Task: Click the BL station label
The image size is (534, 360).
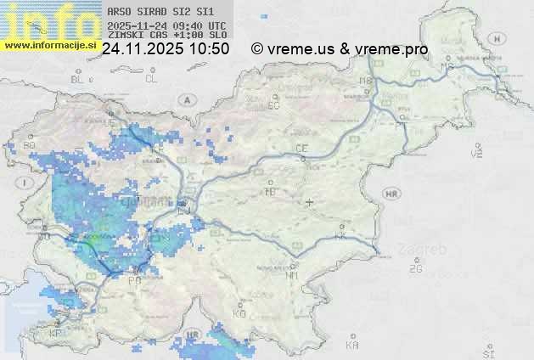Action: click(x=79, y=79)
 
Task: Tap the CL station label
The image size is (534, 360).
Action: click(x=151, y=79)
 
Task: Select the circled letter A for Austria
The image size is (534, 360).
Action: click(x=185, y=100)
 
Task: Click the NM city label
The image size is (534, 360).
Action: click(x=293, y=275)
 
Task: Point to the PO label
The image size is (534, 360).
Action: click(x=133, y=280)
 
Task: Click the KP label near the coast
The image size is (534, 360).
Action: click(x=56, y=334)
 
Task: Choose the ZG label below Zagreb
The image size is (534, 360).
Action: click(x=415, y=269)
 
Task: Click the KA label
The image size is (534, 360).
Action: click(x=351, y=345)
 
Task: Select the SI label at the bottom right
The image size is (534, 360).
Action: click(x=487, y=352)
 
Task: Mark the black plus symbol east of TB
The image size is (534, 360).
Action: click(x=310, y=202)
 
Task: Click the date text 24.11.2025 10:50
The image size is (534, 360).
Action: click(x=166, y=49)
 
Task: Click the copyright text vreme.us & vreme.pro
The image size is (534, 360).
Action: click(x=340, y=49)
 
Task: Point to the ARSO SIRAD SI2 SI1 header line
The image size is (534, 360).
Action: click(x=155, y=12)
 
